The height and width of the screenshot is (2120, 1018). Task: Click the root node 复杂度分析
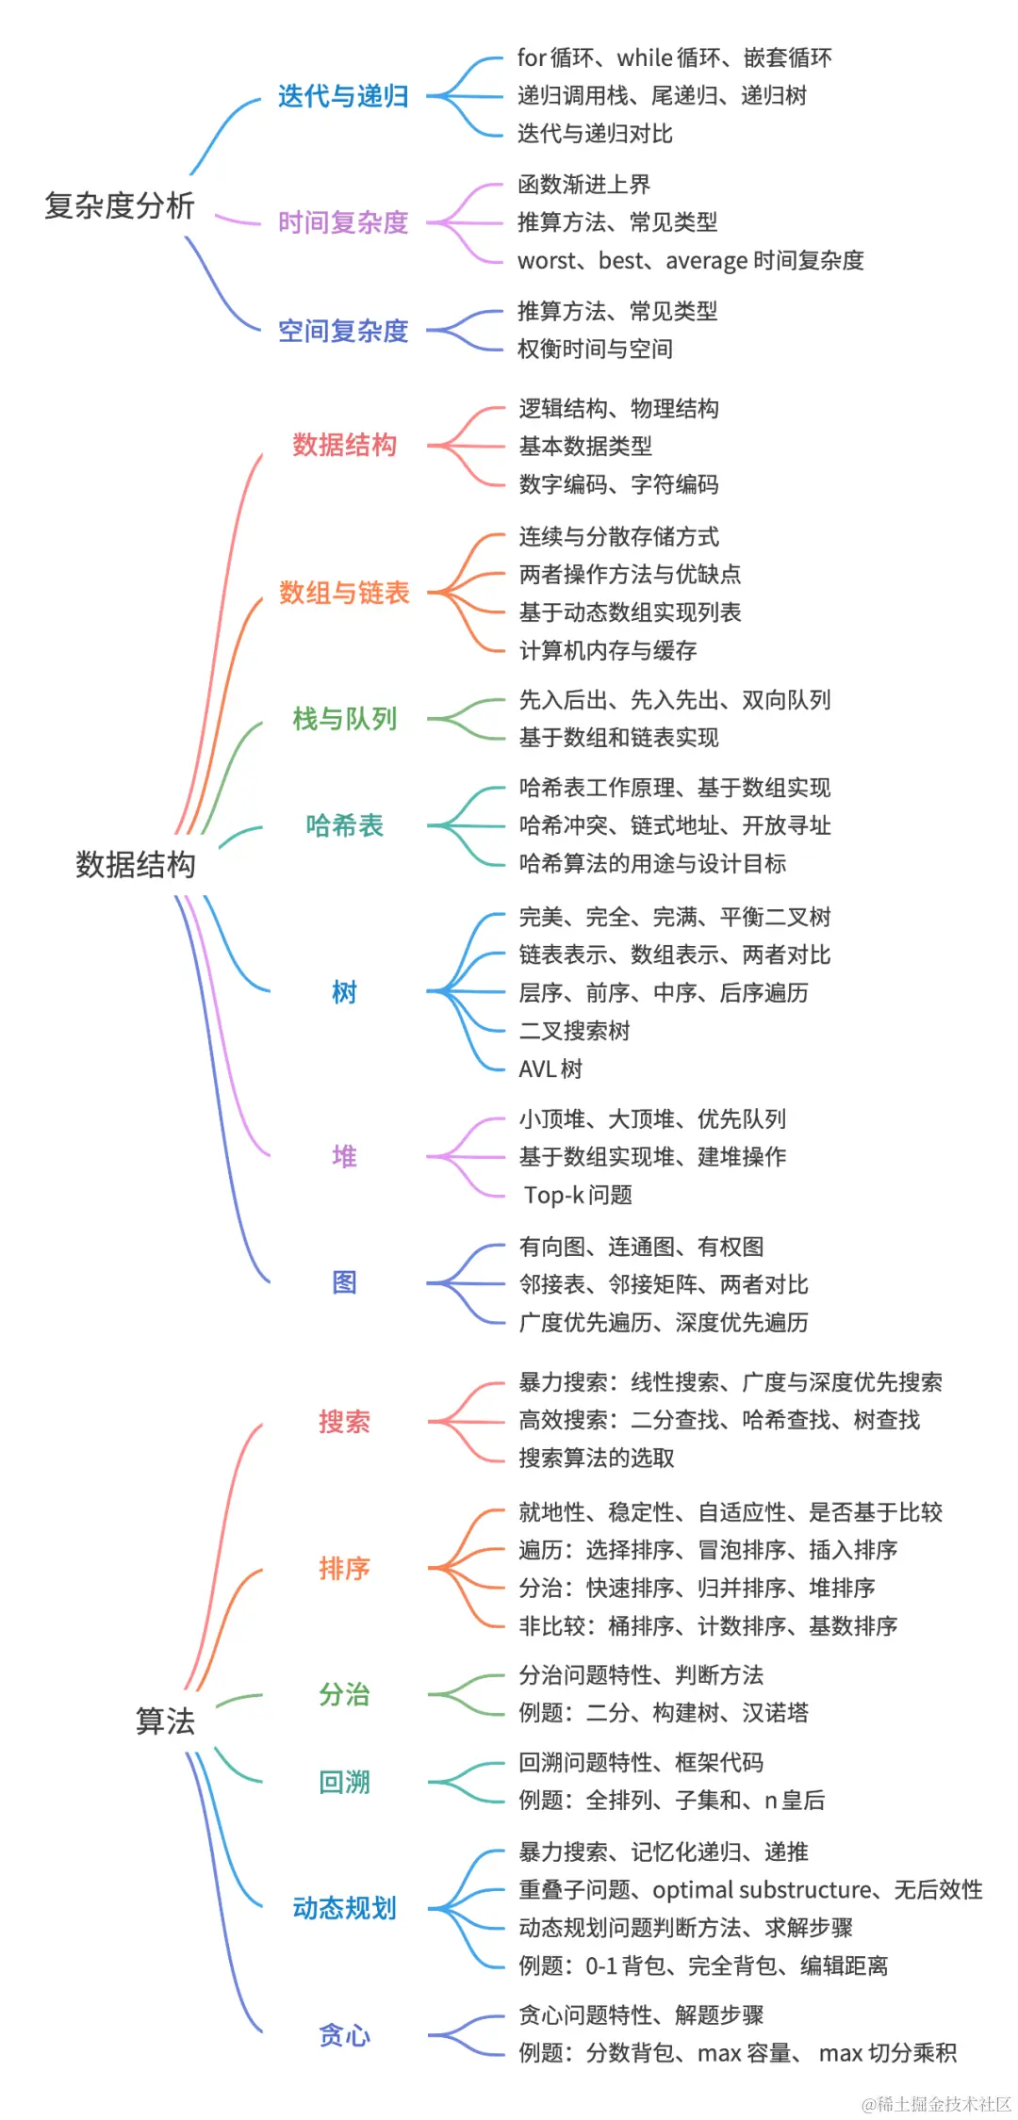pyautogui.click(x=120, y=205)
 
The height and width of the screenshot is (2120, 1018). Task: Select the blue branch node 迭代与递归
pyautogui.click(x=343, y=96)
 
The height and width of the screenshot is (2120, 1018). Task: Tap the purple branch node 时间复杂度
pyautogui.click(x=343, y=222)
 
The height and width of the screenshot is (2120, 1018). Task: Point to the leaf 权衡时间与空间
pyautogui.click(x=595, y=350)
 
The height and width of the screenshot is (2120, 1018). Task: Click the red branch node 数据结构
pyautogui.click(x=344, y=445)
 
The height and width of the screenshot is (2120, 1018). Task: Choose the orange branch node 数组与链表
pyautogui.click(x=344, y=593)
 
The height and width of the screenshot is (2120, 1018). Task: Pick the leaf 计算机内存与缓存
pyautogui.click(x=608, y=650)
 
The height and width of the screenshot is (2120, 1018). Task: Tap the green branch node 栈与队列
pyautogui.click(x=344, y=719)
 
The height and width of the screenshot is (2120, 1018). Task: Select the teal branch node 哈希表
pyautogui.click(x=344, y=825)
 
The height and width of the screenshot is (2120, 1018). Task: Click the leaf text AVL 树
pyautogui.click(x=550, y=1068)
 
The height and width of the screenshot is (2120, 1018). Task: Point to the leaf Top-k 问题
pyautogui.click(x=578, y=1195)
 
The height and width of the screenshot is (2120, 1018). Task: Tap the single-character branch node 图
pyautogui.click(x=344, y=1282)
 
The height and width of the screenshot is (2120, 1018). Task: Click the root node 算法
pyautogui.click(x=165, y=1720)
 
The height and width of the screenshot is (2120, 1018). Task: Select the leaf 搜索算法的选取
pyautogui.click(x=597, y=1459)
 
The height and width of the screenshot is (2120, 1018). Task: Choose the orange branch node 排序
pyautogui.click(x=344, y=1568)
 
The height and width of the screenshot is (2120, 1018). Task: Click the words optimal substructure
pyautogui.click(x=762, y=1889)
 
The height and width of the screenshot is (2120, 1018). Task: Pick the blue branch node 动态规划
pyautogui.click(x=344, y=1908)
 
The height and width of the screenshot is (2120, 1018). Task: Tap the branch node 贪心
pyautogui.click(x=344, y=2035)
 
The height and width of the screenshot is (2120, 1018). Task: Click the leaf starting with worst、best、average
pyautogui.click(x=690, y=261)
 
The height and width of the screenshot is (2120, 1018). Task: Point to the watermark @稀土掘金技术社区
pyautogui.click(x=936, y=2103)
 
